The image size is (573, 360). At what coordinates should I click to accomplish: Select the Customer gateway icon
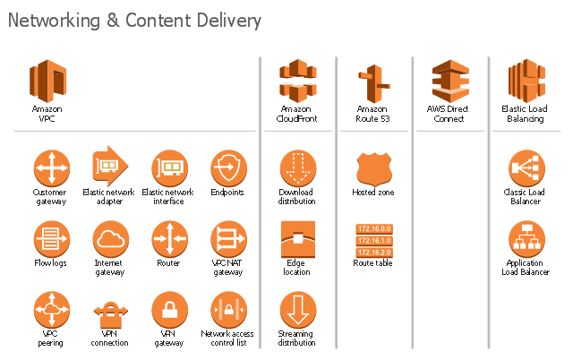tap(51, 167)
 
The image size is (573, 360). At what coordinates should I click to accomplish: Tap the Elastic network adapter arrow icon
tap(109, 166)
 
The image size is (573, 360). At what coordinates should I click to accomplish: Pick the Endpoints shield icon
tap(228, 167)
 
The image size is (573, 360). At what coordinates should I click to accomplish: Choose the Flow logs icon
tap(51, 239)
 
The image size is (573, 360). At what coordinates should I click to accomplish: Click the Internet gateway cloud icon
tap(109, 239)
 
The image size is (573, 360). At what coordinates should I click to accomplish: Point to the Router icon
tap(169, 239)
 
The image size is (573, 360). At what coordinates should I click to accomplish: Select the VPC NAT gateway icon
tap(228, 239)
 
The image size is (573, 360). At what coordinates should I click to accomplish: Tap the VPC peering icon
tap(51, 311)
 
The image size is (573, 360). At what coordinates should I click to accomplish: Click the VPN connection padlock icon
tap(109, 313)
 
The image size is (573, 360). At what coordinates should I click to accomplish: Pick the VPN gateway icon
tap(169, 311)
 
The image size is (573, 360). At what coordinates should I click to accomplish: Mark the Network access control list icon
tap(228, 311)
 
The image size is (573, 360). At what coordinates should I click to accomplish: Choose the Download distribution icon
tap(298, 167)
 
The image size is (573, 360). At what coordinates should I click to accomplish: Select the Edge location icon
tap(298, 239)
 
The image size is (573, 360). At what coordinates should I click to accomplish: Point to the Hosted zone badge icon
tap(373, 168)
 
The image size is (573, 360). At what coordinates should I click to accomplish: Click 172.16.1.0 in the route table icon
tap(373, 240)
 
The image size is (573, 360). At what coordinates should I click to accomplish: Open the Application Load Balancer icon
tap(526, 239)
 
